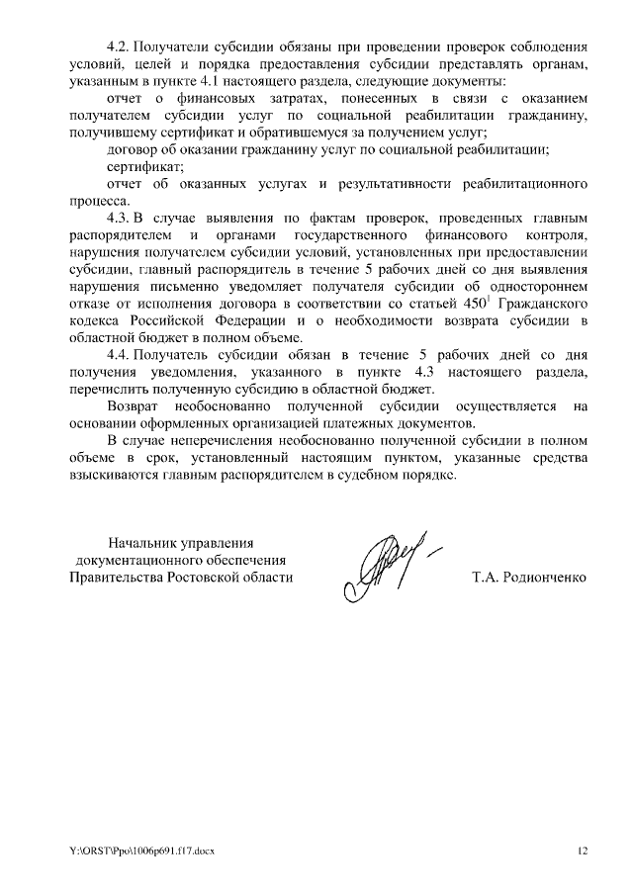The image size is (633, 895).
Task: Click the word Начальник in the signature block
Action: [x=147, y=541]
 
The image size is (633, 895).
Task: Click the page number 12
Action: [x=582, y=851]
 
